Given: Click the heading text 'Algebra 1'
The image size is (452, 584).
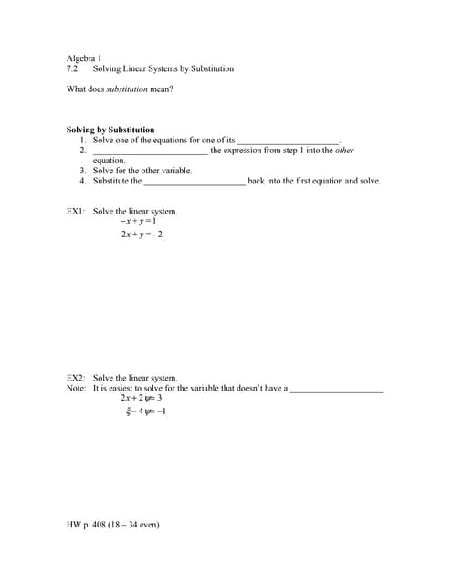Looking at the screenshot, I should (84, 58).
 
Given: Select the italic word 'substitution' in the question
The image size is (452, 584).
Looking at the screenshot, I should (128, 89).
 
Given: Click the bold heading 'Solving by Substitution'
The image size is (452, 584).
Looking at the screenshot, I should (110, 130).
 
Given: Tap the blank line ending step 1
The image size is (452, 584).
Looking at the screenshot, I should (288, 141).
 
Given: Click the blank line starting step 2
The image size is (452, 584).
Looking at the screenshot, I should (151, 151).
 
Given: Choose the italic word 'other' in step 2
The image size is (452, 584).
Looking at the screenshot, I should (343, 150).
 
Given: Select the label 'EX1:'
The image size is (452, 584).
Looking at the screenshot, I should (76, 212).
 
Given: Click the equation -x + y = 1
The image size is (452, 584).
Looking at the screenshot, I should (139, 222).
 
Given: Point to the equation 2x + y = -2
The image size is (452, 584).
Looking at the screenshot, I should (142, 235).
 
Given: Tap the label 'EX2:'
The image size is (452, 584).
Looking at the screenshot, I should (76, 378).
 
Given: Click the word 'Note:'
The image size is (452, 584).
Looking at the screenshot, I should (77, 388).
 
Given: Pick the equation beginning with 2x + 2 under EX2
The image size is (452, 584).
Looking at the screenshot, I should (141, 399).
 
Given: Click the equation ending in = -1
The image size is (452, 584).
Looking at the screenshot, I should (146, 412).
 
